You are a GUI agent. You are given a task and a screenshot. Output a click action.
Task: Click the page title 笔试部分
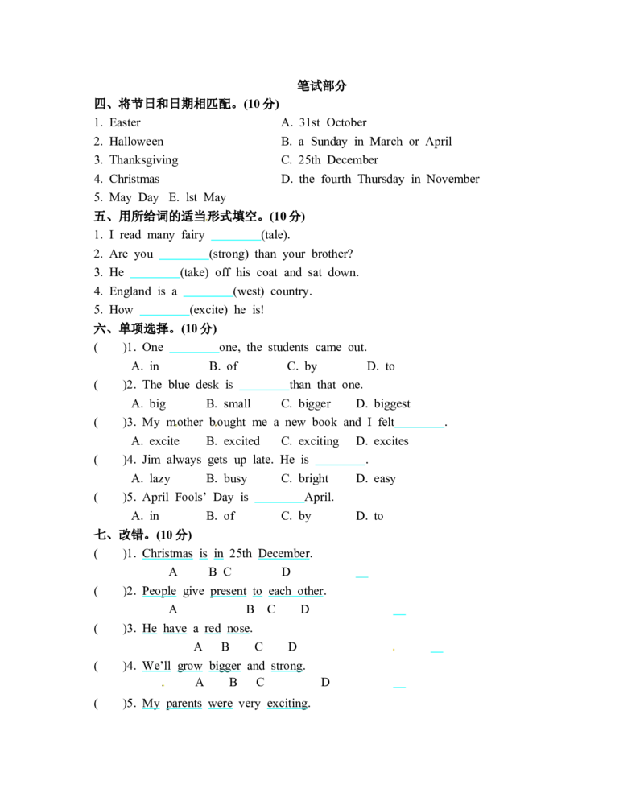(322, 85)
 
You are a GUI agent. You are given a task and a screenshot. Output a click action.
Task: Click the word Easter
(125, 122)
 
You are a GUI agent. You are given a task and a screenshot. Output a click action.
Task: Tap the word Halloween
(137, 141)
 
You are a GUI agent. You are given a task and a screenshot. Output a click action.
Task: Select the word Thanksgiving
(144, 160)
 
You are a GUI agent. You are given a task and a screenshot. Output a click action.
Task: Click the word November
(453, 179)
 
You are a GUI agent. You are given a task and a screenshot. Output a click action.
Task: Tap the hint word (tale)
(275, 235)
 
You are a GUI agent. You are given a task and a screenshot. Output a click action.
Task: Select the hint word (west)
(249, 291)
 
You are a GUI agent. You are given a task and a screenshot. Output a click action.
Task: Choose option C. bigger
(306, 403)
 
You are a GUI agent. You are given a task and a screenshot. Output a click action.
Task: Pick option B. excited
(233, 441)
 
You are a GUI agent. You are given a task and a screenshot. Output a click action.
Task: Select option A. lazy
(151, 478)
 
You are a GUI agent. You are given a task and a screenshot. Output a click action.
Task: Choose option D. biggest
(383, 403)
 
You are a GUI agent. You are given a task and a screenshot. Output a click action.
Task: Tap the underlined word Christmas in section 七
(167, 553)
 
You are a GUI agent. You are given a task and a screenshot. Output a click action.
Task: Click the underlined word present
(229, 591)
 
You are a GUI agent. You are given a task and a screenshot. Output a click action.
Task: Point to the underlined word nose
(238, 629)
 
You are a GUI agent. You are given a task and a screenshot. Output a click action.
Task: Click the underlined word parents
(184, 704)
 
